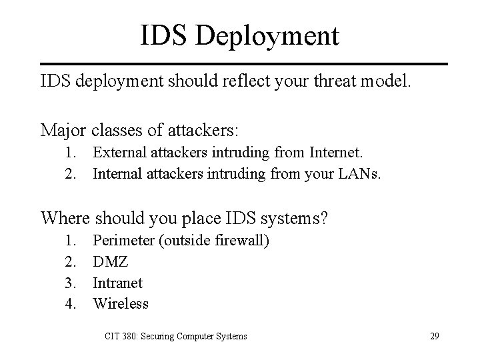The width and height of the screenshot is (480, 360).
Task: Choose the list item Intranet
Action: pyautogui.click(x=117, y=283)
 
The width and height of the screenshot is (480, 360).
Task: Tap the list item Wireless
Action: pyautogui.click(x=121, y=304)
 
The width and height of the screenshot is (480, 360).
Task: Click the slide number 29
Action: pyautogui.click(x=434, y=336)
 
